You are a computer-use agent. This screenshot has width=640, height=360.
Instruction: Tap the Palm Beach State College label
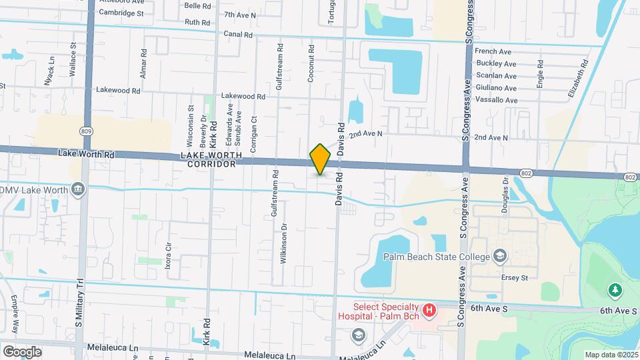pos(435,256)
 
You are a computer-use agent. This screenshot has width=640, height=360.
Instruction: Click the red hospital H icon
pos(429,311)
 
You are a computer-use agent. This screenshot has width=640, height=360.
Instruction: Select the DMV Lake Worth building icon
pos(79,190)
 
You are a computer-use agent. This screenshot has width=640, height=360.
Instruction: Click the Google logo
pos(22,351)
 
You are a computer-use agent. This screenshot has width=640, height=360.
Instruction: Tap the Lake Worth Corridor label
pos(208,159)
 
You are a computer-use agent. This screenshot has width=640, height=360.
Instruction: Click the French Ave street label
pos(493,51)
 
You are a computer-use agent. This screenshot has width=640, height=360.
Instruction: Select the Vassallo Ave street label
pos(496,100)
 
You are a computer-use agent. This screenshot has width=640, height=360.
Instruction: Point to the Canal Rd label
pos(238,34)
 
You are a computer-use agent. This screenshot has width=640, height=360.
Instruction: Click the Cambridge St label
pos(121,13)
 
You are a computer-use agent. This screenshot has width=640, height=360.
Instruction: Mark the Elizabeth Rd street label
pos(579,80)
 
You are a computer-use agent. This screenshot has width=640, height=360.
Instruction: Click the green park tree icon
pos(615,290)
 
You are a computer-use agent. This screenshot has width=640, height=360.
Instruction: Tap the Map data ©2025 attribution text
pos(610,355)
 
